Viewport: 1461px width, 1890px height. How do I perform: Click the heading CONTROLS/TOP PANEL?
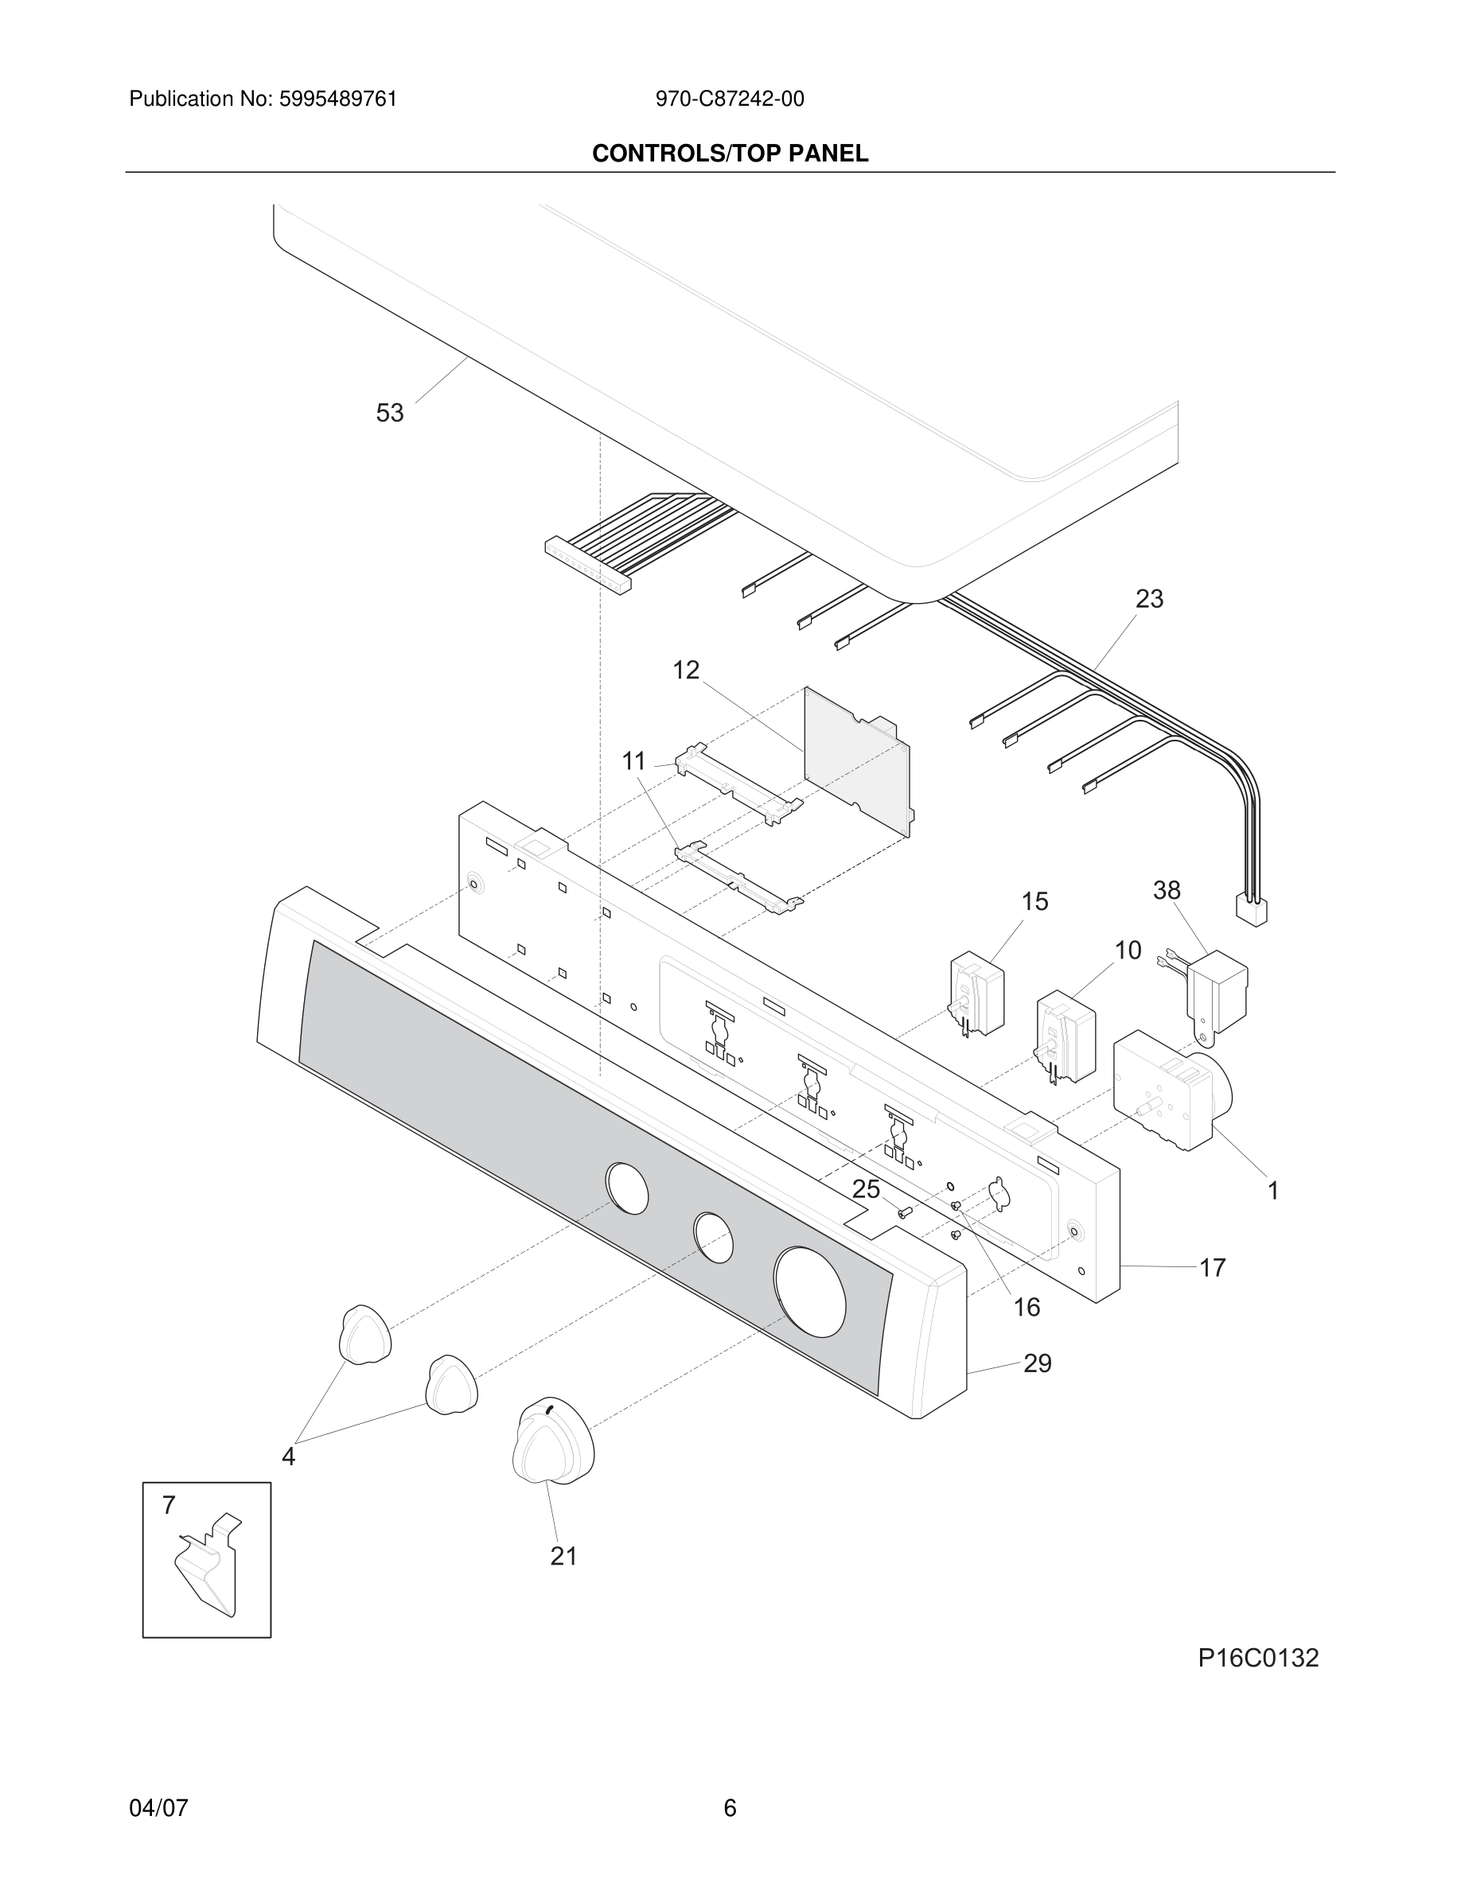pyautogui.click(x=730, y=154)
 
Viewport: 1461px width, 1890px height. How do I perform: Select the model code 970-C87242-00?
pyautogui.click(x=730, y=99)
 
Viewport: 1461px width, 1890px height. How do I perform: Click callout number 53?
pyautogui.click(x=389, y=414)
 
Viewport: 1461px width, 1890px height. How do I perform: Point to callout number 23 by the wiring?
pyautogui.click(x=1148, y=599)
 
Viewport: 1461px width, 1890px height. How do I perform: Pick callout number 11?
pyautogui.click(x=634, y=761)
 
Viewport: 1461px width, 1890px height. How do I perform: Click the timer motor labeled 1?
pyautogui.click(x=1168, y=1091)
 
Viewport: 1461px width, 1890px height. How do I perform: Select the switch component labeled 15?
pyautogui.click(x=978, y=995)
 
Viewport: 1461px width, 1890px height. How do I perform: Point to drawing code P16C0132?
pyautogui.click(x=1257, y=1658)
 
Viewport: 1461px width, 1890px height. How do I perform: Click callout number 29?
pyautogui.click(x=1037, y=1364)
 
